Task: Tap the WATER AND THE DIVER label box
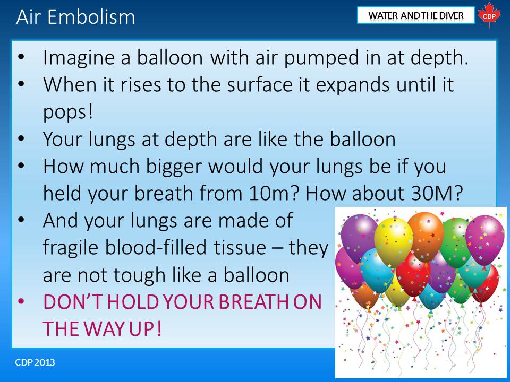click(x=415, y=15)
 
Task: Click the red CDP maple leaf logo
click(x=489, y=15)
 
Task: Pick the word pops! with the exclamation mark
click(x=68, y=112)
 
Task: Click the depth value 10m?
click(x=274, y=193)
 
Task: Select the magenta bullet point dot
click(x=21, y=301)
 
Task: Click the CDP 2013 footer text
click(x=35, y=362)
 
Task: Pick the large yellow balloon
click(x=394, y=239)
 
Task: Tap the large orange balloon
click(x=426, y=235)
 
